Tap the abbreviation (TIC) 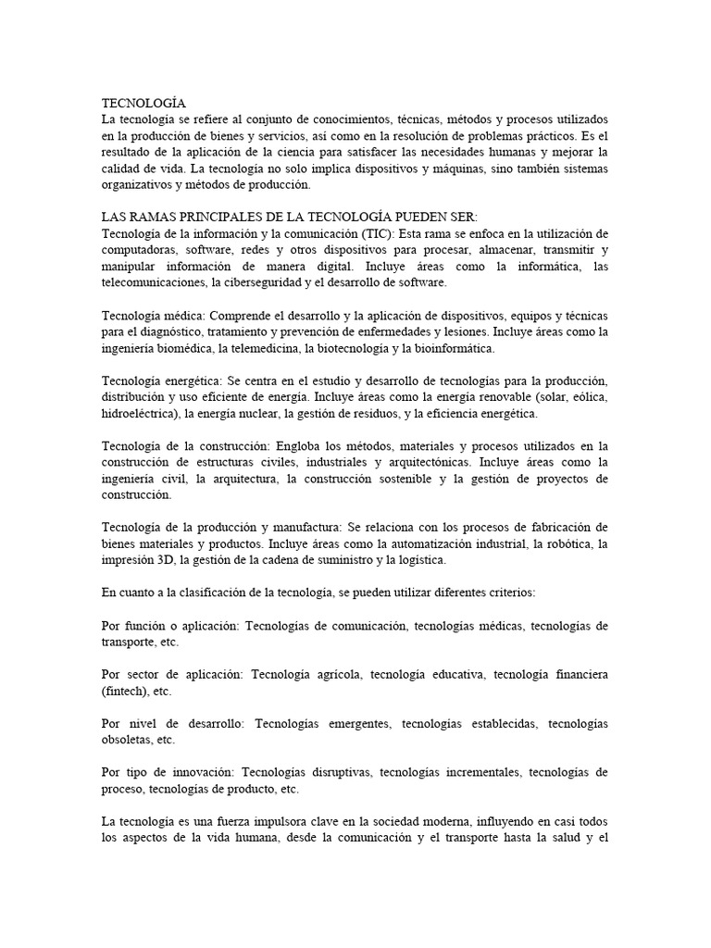tap(380, 231)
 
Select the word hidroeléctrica tap(140, 414)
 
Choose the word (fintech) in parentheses tap(127, 691)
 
